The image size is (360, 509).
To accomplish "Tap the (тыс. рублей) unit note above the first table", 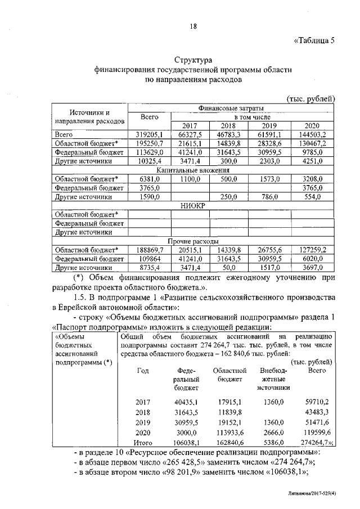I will tap(311, 98).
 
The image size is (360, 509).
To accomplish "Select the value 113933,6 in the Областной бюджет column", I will tap(230, 433).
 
